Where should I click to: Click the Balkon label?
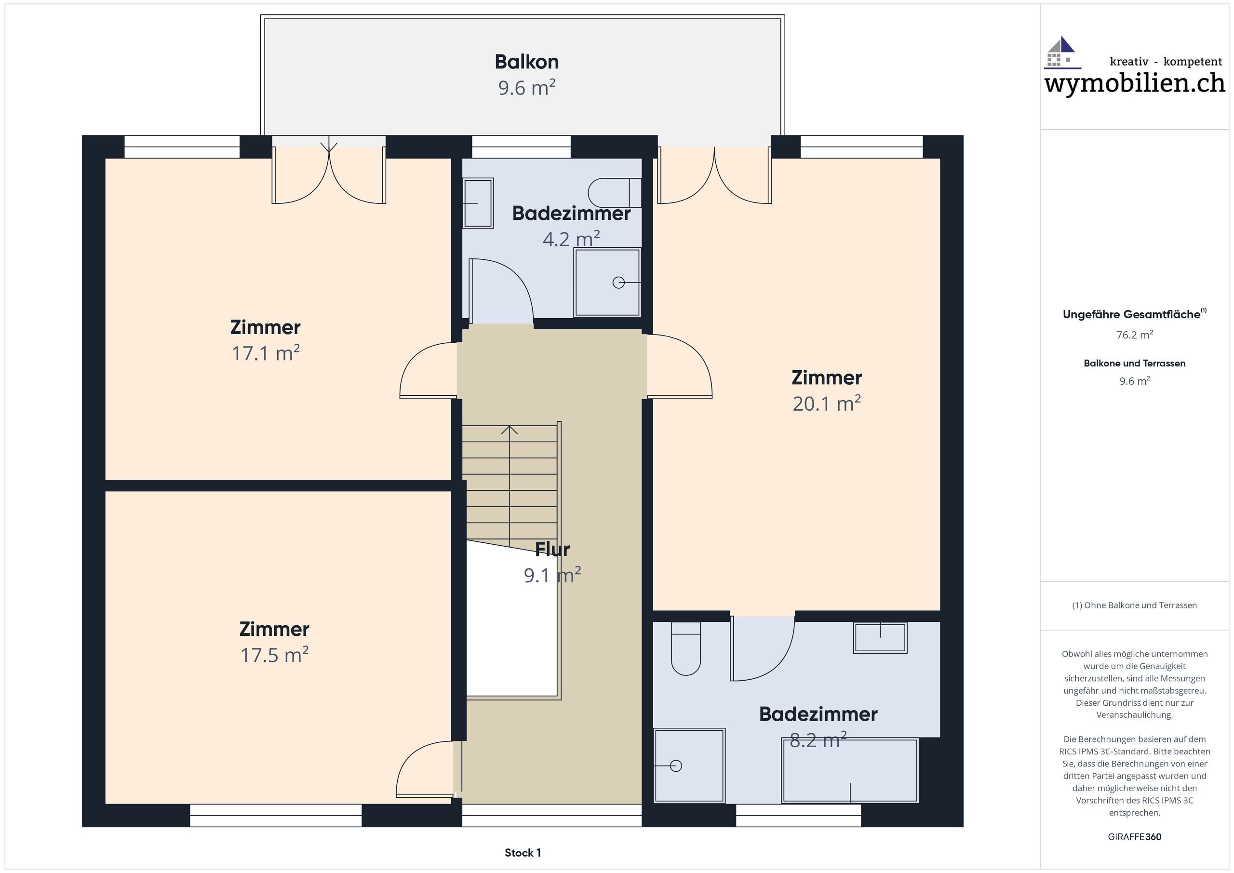point(527,62)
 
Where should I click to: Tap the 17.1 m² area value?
point(266,353)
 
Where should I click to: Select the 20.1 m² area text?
point(827,403)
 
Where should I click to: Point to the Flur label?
point(552,550)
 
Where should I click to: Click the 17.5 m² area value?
point(274,655)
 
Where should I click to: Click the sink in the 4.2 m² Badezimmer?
point(478,203)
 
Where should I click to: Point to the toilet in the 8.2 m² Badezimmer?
point(686,648)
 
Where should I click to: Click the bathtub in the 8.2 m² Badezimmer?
point(850,771)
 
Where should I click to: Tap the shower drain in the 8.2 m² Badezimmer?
point(676,766)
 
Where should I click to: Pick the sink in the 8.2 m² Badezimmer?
point(880,638)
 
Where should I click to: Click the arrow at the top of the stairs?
point(510,430)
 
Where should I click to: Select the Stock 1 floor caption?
point(523,853)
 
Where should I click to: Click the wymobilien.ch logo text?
point(1135,83)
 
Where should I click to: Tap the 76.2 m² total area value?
point(1135,335)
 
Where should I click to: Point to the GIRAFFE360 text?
point(1135,837)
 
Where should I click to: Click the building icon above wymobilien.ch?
point(1062,53)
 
